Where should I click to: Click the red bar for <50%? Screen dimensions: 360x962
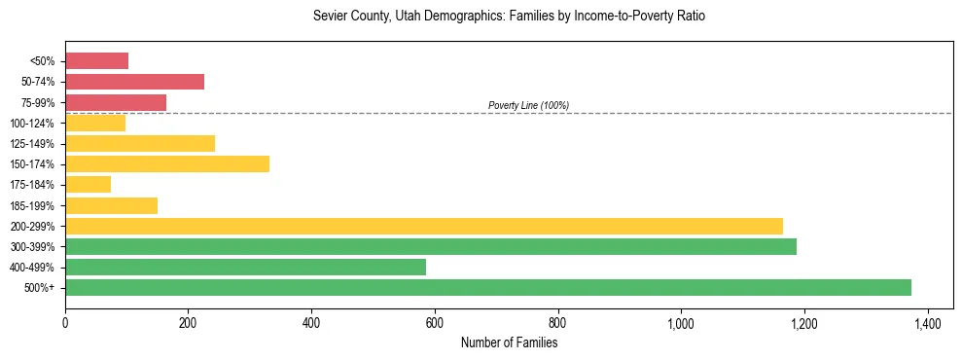[96, 61]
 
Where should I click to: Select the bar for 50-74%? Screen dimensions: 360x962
[134, 82]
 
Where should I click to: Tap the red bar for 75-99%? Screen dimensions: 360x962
[116, 102]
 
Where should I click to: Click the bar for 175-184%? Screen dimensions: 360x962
[88, 184]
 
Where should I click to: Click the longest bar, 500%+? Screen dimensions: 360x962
[488, 287]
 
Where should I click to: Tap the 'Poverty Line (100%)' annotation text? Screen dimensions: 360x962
[528, 105]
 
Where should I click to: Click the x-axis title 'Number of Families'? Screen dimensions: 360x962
[509, 342]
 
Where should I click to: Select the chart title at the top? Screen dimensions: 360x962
[509, 17]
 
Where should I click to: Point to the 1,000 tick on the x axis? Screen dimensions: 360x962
[681, 321]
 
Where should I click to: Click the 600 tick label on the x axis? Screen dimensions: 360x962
[435, 321]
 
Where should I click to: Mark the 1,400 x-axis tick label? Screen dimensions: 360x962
[927, 321]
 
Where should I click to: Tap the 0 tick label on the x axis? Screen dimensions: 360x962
[65, 321]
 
